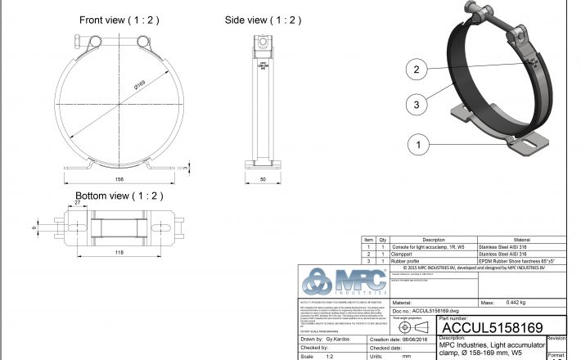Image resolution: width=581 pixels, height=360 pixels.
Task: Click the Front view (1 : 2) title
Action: click(119, 20)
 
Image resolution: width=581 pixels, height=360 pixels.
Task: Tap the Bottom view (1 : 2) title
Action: click(119, 196)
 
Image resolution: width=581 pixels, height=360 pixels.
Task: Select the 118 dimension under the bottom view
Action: click(119, 253)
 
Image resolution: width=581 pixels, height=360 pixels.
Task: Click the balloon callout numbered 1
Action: click(417, 144)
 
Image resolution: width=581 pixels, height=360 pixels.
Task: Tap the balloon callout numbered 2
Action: click(417, 70)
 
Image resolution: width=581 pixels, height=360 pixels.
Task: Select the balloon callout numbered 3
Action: click(417, 104)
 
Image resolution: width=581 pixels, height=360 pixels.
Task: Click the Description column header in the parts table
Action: click(433, 241)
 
